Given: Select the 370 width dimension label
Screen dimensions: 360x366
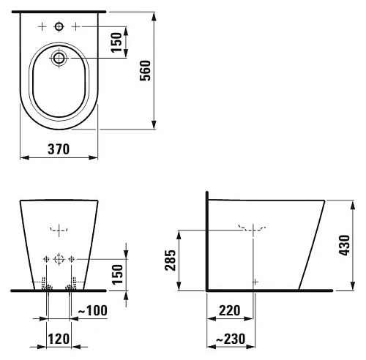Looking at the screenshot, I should point(59,149).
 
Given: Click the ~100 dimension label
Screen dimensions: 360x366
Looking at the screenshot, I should point(92,312).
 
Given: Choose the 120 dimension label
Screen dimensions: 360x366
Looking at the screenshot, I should point(58,340).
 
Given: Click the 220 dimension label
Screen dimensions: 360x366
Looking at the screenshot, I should point(230,312).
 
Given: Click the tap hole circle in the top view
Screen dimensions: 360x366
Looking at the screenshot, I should point(59,27).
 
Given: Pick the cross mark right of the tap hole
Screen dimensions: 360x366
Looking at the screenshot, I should point(75,27).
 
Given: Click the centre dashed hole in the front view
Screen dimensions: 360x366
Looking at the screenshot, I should point(59,260).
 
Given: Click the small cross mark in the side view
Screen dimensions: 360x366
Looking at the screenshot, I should point(254,281).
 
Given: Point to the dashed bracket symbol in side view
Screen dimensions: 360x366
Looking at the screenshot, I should point(250,228).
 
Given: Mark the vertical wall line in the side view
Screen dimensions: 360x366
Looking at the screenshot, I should point(207,241).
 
